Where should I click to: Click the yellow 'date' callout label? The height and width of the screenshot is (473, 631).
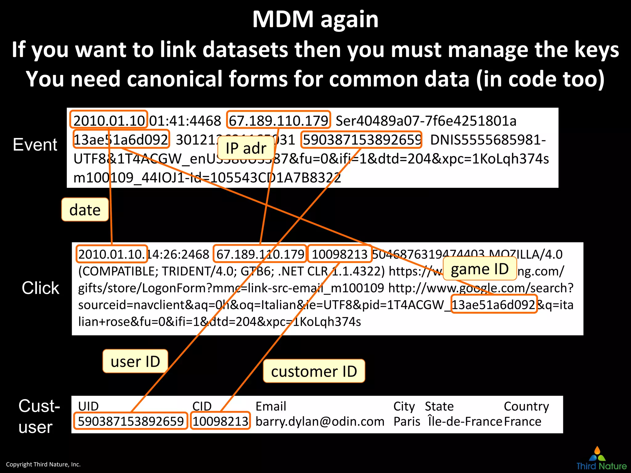click(x=85, y=210)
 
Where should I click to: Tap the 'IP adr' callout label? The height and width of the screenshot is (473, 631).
click(x=246, y=148)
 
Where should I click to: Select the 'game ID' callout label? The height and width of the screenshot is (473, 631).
click(x=480, y=269)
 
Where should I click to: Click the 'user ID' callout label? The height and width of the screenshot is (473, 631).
click(x=135, y=361)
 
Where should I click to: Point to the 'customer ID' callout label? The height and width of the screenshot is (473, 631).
click(x=314, y=371)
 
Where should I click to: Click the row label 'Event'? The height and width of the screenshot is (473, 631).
click(x=35, y=144)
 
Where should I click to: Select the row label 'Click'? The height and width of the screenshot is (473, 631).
click(x=40, y=288)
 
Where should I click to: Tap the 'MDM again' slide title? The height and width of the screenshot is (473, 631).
click(x=315, y=19)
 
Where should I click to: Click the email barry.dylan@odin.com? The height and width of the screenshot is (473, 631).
click(x=320, y=421)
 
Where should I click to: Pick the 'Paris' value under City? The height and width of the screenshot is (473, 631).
click(x=407, y=421)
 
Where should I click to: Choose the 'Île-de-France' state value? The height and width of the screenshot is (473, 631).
click(x=465, y=421)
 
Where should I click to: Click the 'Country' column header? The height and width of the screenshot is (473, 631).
click(x=526, y=406)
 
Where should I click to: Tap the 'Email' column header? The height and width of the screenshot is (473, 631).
click(x=271, y=406)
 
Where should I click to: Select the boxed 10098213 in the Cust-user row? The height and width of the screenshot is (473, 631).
click(x=220, y=421)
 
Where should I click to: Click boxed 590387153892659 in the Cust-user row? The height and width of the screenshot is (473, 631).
click(x=131, y=421)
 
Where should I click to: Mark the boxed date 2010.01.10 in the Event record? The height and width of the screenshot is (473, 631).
click(x=109, y=120)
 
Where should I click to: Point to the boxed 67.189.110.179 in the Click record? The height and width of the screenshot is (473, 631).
click(x=260, y=254)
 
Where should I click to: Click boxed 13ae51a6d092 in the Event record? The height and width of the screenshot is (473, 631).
click(x=121, y=139)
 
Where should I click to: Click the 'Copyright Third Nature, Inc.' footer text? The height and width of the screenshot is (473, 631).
click(x=43, y=464)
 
